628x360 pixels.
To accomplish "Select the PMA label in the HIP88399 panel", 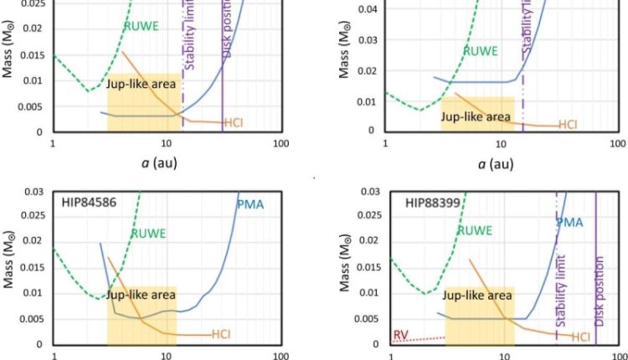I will (570, 222).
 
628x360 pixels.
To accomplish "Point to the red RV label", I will (401, 336).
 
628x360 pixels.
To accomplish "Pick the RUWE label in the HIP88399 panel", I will (475, 230).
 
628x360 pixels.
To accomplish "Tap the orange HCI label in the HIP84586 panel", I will (221, 333).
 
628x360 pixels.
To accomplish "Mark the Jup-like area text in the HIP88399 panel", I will (477, 295).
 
